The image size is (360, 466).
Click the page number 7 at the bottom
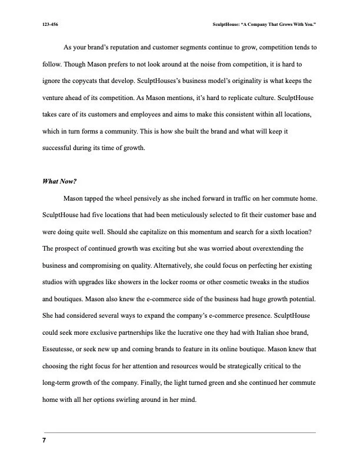[x=44, y=441]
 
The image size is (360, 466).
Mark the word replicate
[x=218, y=96]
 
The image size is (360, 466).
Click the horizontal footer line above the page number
[x=180, y=432]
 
